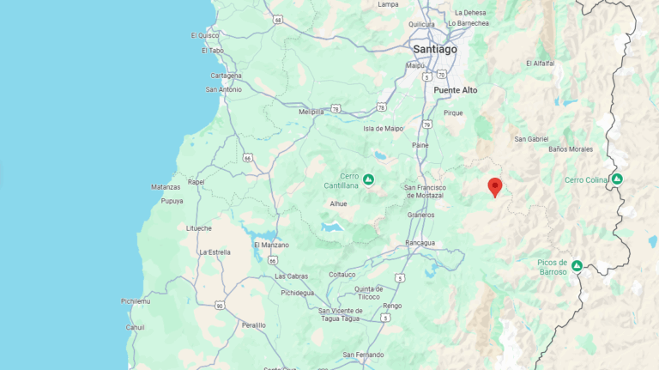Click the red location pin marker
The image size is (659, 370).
click(x=494, y=186)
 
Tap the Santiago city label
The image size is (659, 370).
click(x=434, y=49)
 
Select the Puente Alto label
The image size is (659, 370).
click(x=455, y=89)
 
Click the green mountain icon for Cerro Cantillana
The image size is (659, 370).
click(x=368, y=179)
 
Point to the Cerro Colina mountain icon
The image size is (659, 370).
click(x=616, y=179)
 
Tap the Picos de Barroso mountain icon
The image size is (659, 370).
click(x=577, y=266)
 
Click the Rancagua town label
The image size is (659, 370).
click(x=420, y=243)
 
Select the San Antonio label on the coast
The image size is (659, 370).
click(x=224, y=89)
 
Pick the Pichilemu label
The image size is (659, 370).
click(x=136, y=301)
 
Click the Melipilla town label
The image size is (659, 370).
click(x=311, y=112)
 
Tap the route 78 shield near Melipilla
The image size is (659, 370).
click(x=336, y=109)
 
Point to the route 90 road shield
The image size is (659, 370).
click(x=220, y=306)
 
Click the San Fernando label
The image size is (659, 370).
click(x=363, y=355)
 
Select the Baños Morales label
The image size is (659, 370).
click(x=571, y=149)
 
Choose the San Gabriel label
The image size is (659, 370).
click(x=531, y=138)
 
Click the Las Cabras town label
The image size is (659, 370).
click(x=292, y=276)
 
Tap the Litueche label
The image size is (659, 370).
click(x=199, y=227)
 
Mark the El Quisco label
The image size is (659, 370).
click(x=205, y=35)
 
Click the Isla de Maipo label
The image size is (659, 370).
click(x=383, y=129)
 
